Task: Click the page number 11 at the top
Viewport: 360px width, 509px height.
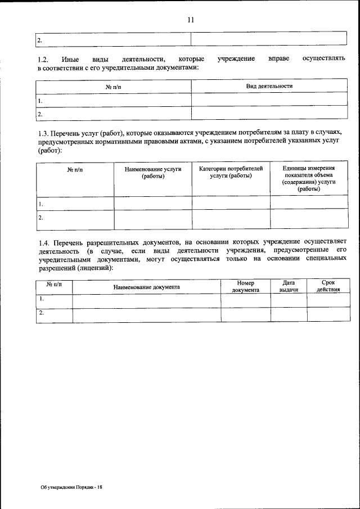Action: [191, 20]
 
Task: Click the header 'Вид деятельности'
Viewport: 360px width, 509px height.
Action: [269, 86]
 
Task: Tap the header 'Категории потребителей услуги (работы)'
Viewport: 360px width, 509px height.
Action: [231, 172]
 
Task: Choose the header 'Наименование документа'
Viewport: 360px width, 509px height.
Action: [146, 287]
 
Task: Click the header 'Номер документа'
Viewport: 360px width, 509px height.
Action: [246, 287]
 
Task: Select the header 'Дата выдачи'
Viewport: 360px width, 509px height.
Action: [289, 287]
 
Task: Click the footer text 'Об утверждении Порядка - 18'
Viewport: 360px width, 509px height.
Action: [71, 487]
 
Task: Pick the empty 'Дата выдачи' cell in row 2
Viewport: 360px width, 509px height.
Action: [289, 315]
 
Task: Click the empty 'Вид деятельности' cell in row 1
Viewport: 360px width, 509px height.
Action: [269, 100]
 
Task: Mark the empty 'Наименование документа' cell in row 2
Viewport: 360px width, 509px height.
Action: [146, 315]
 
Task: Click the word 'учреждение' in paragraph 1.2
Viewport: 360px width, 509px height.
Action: [237, 59]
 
